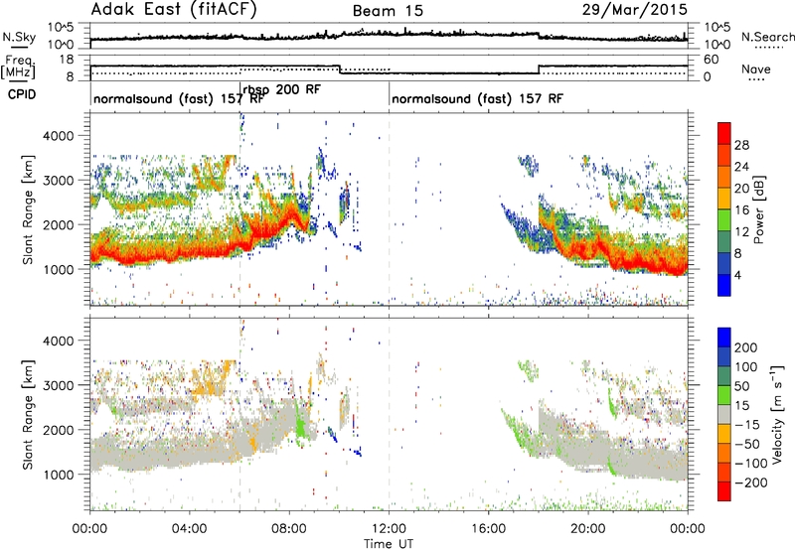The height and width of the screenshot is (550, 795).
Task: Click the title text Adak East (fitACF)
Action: tap(174, 9)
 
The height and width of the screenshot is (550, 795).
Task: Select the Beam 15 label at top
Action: tap(388, 11)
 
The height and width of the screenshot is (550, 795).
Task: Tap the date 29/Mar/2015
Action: tap(634, 9)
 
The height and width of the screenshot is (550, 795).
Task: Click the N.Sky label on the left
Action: tap(19, 37)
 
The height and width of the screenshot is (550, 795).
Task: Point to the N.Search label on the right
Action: tap(767, 37)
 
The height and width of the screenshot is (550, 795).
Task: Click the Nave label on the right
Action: tap(756, 69)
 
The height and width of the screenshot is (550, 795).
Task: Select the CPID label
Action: tap(22, 94)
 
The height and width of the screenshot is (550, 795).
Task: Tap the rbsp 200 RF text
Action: tap(282, 90)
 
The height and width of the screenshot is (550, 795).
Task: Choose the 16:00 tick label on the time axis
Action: tap(488, 529)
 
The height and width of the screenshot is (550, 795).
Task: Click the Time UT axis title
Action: tap(389, 544)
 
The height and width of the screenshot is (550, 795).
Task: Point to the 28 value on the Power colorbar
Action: tap(741, 145)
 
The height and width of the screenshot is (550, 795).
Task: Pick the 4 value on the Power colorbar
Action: tap(738, 275)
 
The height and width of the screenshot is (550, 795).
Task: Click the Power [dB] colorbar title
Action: tap(759, 209)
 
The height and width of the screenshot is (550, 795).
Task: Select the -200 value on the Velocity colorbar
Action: tap(751, 482)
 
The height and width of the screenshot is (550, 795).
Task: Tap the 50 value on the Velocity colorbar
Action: tap(741, 386)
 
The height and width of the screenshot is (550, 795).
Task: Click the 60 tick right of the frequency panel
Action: tap(711, 60)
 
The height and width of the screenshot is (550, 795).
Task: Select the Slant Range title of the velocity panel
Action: tap(28, 415)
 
